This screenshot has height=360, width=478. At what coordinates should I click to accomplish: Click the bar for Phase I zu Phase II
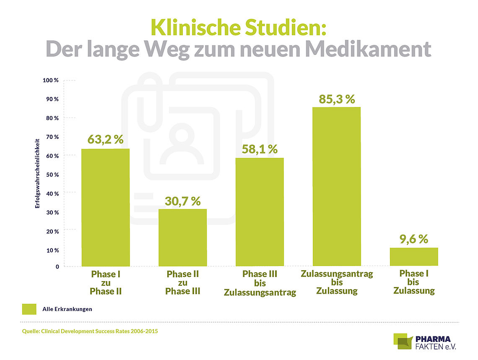tap(105, 207)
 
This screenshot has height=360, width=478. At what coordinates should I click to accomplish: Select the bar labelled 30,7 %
tap(182, 237)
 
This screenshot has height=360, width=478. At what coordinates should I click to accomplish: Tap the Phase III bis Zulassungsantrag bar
tap(260, 211)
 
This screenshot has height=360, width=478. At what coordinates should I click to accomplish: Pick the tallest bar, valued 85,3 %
tap(336, 186)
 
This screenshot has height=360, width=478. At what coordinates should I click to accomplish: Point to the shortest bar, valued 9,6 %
tap(413, 256)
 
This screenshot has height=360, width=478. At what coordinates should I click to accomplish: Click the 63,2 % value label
tap(105, 139)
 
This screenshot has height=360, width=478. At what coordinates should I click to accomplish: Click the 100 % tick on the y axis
tap(50, 80)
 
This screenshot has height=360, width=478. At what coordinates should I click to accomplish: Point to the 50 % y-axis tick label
tap(52, 174)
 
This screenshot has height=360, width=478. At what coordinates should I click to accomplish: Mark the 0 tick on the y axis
tap(57, 266)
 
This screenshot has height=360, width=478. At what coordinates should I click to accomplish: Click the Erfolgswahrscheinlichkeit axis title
tap(37, 173)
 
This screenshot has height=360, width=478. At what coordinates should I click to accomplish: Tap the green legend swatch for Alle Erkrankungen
tap(29, 309)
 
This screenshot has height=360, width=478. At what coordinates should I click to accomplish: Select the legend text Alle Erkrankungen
tap(67, 309)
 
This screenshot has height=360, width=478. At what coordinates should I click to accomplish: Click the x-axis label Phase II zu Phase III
tap(182, 283)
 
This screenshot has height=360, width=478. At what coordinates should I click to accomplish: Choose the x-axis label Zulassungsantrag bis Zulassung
tap(337, 282)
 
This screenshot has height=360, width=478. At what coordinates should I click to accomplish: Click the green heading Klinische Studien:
tap(238, 27)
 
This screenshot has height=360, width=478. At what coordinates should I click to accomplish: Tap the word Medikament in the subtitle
tap(369, 49)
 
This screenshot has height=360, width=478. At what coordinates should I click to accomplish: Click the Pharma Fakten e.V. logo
tap(424, 342)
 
